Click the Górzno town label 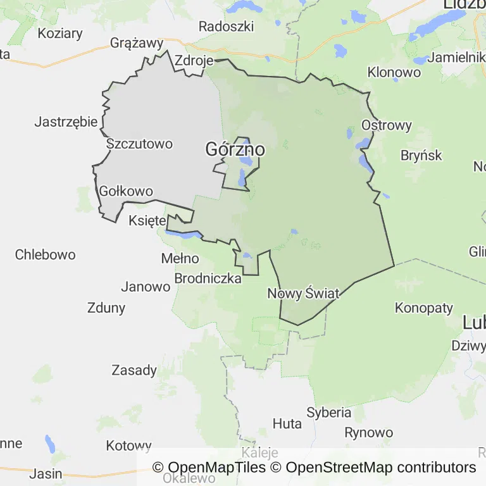(235, 150)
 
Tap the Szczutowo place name (139, 144)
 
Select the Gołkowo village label (127, 191)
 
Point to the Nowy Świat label (304, 294)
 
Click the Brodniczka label (208, 278)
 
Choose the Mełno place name (180, 258)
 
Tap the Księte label (147, 221)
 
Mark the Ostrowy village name (387, 125)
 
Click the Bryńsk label (421, 155)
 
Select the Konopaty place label (424, 308)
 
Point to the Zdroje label (193, 61)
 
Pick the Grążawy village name (137, 43)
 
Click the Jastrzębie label (66, 121)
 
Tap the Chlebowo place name (46, 254)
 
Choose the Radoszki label (226, 27)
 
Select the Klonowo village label (394, 72)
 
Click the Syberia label (329, 413)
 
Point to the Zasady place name (134, 370)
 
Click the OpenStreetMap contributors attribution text (381, 468)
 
